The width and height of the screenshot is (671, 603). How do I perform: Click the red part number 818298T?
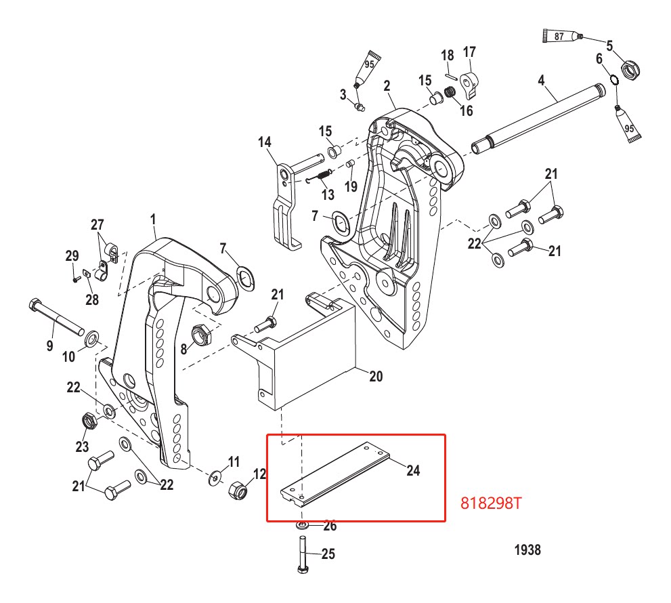click(492, 504)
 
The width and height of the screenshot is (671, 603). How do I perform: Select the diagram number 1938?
click(527, 550)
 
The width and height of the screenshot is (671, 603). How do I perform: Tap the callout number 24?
click(412, 470)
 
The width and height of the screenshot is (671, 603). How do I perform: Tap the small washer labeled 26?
click(301, 525)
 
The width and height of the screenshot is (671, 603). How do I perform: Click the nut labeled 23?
click(87, 422)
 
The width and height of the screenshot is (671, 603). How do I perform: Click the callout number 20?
click(375, 375)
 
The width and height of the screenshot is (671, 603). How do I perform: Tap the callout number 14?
click(264, 142)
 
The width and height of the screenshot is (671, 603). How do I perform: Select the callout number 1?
click(153, 220)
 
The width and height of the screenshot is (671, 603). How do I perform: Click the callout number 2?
click(387, 86)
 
